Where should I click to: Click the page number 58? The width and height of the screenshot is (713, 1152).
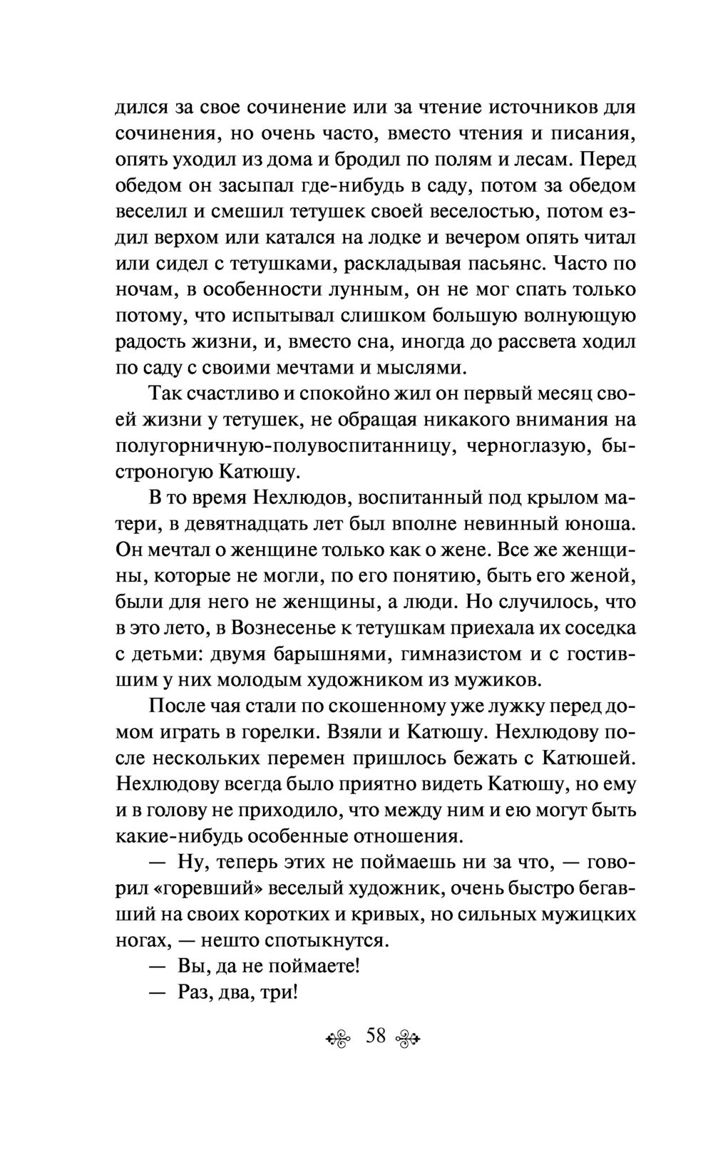[x=376, y=1036]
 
